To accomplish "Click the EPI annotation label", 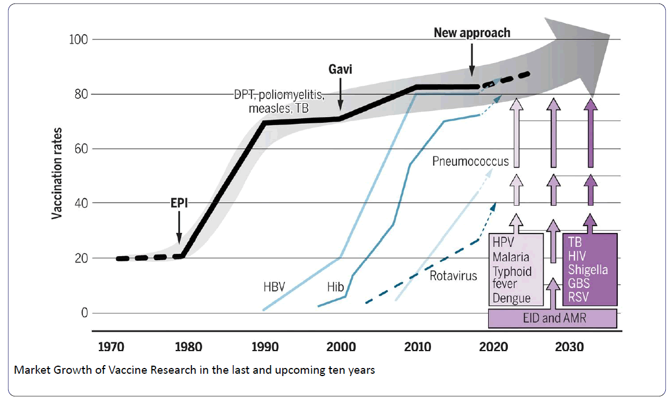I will tap(179, 203).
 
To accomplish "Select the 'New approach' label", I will tap(472, 32).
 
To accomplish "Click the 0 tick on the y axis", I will tap(84, 313).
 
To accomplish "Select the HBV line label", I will tap(275, 286).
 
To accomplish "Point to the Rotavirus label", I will tap(454, 276).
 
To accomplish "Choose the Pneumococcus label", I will tap(470, 161).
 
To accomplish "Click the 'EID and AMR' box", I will tap(552, 318).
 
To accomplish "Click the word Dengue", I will tap(511, 298).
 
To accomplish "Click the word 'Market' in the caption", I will tap(29, 370).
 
